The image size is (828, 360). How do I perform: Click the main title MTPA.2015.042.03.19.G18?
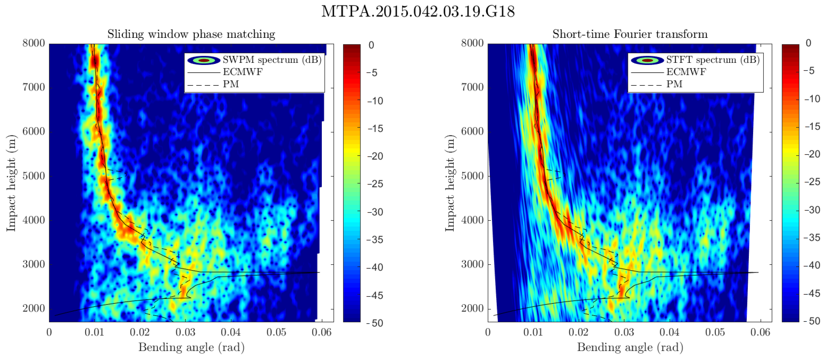pyautogui.click(x=418, y=12)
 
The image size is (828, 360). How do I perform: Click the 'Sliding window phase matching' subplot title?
pyautogui.click(x=191, y=34)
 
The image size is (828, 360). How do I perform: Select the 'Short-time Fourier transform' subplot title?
pyautogui.click(x=630, y=34)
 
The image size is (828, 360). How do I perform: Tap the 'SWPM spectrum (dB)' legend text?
pyautogui.click(x=272, y=60)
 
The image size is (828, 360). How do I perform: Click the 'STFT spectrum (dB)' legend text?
pyautogui.click(x=713, y=60)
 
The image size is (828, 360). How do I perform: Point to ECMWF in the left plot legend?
pyautogui.click(x=243, y=72)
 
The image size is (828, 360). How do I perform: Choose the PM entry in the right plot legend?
pyautogui.click(x=674, y=84)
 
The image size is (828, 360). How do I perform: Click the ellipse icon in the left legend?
pyautogui.click(x=203, y=60)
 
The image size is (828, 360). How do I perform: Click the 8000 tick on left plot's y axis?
pyautogui.click(x=33, y=43)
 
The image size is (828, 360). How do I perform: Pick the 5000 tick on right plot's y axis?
pyautogui.click(x=472, y=176)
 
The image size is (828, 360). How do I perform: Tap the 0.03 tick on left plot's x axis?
pyautogui.click(x=186, y=332)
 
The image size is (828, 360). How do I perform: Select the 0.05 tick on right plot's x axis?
pyautogui.click(x=715, y=332)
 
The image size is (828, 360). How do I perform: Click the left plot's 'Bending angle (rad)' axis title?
pyautogui.click(x=191, y=347)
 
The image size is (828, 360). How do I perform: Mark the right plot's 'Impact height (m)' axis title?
pyautogui.click(x=450, y=182)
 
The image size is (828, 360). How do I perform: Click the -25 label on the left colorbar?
pyautogui.click(x=375, y=184)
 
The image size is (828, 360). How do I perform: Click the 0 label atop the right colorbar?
pyautogui.click(x=808, y=43)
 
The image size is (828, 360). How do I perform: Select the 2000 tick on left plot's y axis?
pyautogui.click(x=33, y=309)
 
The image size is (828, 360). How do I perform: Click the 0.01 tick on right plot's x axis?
pyautogui.click(x=533, y=332)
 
